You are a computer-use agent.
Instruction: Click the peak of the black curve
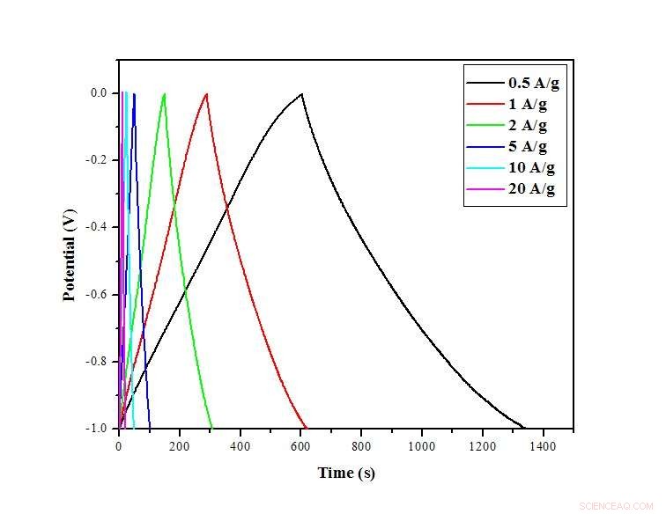[301, 93]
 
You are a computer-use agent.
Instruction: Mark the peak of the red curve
[207, 93]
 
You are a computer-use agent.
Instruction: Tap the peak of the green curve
[164, 93]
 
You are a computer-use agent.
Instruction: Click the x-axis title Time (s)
[346, 474]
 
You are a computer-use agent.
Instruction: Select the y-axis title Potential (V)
[70, 255]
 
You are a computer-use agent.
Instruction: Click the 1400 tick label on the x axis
[543, 446]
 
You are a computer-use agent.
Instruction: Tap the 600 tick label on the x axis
[301, 446]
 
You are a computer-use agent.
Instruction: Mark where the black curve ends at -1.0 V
[523, 428]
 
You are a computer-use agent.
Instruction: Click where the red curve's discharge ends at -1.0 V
[306, 428]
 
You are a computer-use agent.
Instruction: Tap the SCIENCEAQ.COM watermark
[616, 506]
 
